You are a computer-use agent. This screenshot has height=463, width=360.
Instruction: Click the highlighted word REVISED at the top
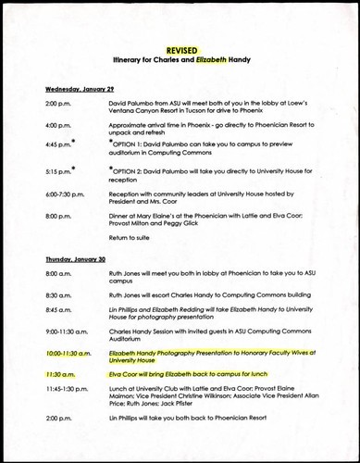point(180,49)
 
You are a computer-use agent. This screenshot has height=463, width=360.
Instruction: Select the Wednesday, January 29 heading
point(81,89)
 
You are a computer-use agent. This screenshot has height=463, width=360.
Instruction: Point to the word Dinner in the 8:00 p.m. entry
point(120,215)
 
